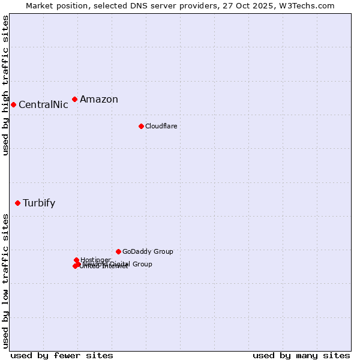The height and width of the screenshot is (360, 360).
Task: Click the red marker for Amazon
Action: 74,99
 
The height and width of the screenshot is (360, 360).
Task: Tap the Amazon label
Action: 99,100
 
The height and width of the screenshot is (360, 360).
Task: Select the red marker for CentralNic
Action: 13,104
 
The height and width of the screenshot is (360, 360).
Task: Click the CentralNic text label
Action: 43,105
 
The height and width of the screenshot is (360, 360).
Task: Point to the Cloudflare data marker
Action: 141,126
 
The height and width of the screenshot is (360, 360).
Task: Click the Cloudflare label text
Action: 161,126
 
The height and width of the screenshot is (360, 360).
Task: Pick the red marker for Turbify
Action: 18,203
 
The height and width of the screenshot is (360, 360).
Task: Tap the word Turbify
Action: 39,203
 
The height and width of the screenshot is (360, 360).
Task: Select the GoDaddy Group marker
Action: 118,251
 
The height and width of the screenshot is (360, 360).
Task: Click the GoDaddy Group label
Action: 148,251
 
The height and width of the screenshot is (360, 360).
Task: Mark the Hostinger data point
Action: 76,260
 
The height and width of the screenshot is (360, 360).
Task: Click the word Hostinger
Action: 95,260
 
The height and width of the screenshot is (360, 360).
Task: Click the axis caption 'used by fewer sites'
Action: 62,355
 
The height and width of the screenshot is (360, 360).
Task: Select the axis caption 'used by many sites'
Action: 301,355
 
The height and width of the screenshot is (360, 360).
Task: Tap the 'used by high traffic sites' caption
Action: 5,85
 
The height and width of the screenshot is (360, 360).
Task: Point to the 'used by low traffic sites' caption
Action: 5,280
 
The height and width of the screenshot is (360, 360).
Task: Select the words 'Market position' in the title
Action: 55,5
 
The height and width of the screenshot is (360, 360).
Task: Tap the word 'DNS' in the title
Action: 136,5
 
